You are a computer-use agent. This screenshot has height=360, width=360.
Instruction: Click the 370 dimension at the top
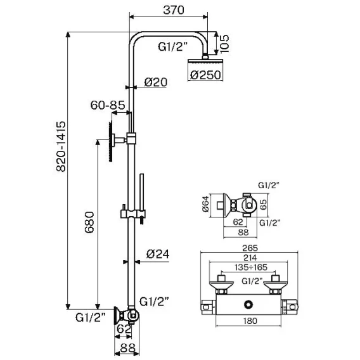click(x=174, y=10)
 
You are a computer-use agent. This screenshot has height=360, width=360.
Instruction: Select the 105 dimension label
click(x=224, y=44)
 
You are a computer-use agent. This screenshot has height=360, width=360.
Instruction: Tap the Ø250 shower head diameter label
click(x=205, y=75)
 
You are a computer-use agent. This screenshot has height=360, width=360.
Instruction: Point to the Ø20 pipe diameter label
click(x=156, y=82)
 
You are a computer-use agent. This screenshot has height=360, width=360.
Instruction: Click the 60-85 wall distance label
click(x=108, y=105)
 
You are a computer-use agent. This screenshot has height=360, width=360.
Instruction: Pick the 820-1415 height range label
click(x=61, y=146)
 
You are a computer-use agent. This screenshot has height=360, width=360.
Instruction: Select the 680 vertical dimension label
click(x=89, y=222)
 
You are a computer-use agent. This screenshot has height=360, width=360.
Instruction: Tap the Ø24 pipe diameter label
click(x=158, y=254)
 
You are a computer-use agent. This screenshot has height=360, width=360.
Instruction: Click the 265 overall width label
click(x=250, y=248)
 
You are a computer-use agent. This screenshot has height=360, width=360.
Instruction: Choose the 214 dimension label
click(x=250, y=258)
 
